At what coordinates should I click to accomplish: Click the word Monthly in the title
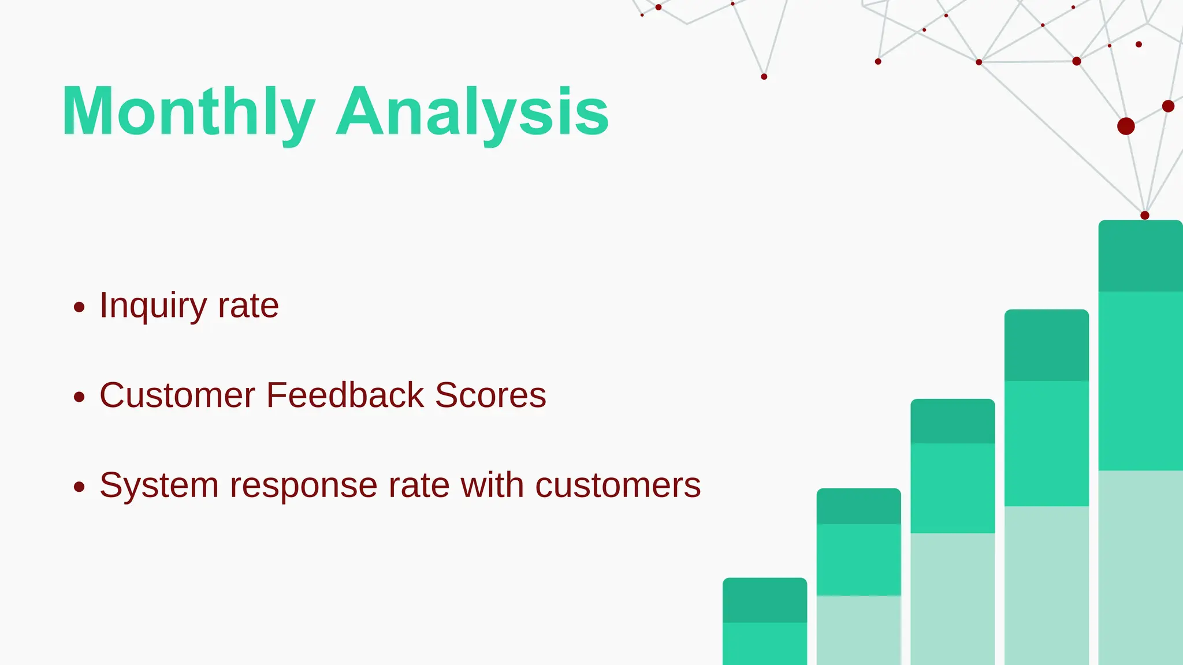188,112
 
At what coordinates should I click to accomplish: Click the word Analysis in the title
473,112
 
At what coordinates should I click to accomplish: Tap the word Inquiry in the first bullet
152,306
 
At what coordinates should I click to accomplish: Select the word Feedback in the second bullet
345,395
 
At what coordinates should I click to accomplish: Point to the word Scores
490,395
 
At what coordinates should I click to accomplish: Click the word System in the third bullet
159,485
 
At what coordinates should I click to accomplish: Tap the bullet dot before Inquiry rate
80,307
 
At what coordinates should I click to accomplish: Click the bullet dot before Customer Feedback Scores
80,397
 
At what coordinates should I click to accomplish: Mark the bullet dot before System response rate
80,487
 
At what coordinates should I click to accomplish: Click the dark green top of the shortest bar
764,600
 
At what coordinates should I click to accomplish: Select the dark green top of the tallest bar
1140,256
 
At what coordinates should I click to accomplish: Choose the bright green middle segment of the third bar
953,488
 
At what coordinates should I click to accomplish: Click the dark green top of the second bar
858,507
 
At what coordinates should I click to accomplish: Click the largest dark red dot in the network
1126,126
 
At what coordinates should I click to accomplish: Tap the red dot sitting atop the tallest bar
1145,215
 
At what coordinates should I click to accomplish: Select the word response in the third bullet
303,485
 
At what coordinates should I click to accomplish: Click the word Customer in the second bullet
177,395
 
